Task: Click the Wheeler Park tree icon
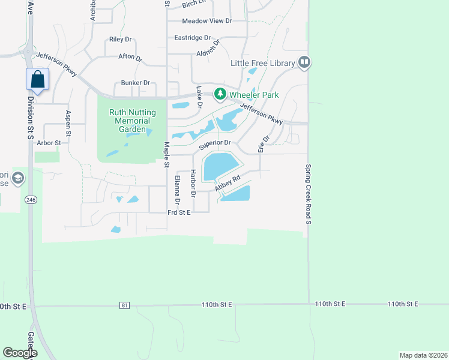pos(220,94)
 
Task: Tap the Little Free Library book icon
pos(304,62)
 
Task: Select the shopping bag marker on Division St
pos(37,79)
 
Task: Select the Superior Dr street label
pos(215,144)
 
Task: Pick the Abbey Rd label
pos(228,182)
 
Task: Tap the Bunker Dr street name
pos(135,83)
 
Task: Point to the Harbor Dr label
pos(193,184)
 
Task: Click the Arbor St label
pos(49,143)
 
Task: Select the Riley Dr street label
pos(120,40)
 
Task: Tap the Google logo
pos(19,353)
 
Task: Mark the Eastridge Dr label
pos(192,37)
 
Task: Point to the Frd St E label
pos(179,212)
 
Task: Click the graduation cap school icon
pos(18,178)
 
